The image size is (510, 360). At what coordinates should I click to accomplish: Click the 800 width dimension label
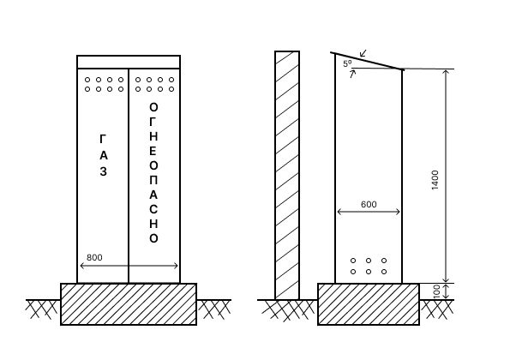94,257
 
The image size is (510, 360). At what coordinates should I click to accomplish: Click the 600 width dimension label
369,205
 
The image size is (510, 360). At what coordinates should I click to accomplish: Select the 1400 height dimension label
435,180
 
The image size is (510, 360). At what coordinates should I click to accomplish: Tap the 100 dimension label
437,291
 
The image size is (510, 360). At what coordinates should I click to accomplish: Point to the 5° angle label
347,63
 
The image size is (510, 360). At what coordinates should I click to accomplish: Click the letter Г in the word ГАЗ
103,139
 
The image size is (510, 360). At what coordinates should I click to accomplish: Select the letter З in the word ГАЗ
103,171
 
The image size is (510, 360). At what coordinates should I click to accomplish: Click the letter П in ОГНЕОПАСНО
153,181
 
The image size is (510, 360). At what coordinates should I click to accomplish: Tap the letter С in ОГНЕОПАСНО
153,209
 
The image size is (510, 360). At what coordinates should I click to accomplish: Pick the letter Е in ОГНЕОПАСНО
153,151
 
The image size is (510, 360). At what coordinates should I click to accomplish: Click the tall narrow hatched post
287,175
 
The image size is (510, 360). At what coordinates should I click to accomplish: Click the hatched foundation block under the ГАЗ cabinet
129,304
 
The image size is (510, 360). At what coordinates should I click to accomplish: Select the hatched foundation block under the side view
369,304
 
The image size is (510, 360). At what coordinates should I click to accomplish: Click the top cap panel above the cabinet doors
129,62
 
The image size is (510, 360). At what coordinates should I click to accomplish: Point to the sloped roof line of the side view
368,61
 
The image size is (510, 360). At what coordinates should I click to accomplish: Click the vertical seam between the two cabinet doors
129,176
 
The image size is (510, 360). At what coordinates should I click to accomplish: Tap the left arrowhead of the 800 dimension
82,266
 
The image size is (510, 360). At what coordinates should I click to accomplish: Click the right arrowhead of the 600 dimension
398,212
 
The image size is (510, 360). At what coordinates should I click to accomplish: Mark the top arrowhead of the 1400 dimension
447,71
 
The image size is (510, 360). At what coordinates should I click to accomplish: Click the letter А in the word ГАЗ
103,156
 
